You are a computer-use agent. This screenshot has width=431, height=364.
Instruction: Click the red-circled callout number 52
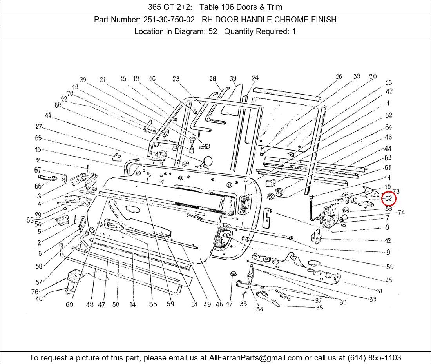point(389,199)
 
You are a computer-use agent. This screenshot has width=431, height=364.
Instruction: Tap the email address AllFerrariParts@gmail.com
point(255,358)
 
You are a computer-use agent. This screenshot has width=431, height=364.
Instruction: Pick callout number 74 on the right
point(401,213)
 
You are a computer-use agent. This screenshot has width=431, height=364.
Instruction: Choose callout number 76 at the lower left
point(35,292)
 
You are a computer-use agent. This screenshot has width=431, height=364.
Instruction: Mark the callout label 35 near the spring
point(319,308)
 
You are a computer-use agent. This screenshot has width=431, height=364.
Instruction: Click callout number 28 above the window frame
point(213,79)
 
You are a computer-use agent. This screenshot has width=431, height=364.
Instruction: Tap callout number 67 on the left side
point(38,170)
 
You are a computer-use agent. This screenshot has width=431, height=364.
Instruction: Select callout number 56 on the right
point(389,267)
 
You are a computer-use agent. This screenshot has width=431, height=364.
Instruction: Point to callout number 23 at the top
point(176,79)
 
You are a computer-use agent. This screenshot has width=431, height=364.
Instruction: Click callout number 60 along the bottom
point(69,304)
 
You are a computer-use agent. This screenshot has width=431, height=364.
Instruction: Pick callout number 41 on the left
point(48,115)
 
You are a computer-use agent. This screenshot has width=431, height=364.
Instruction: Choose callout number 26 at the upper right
point(339,77)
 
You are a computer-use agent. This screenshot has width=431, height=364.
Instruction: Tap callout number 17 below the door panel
point(230,304)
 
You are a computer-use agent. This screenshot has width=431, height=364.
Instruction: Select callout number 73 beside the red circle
point(396,191)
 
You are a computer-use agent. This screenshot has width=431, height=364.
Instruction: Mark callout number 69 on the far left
point(30,220)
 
